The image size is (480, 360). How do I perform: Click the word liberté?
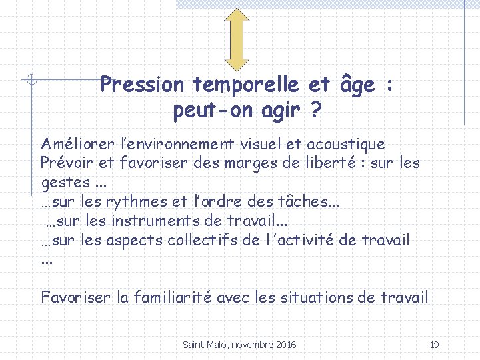[x=324, y=163]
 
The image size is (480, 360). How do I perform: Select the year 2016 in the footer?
[x=285, y=345]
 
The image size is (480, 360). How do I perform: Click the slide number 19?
[x=435, y=345]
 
